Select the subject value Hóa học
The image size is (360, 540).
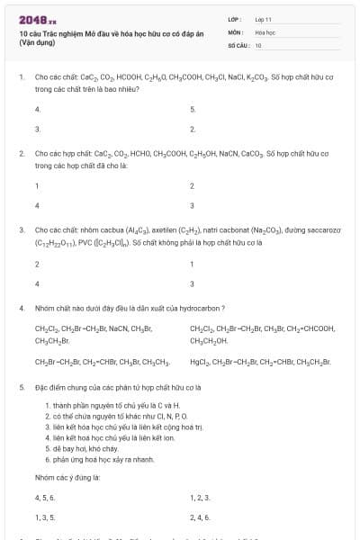265,31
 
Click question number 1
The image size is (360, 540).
21,77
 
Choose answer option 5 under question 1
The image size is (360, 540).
193,109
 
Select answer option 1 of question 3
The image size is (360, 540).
193,264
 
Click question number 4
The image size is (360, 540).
21,308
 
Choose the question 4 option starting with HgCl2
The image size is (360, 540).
260,362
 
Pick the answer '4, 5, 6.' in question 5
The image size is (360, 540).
45,497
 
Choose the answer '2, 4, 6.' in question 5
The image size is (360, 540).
200,517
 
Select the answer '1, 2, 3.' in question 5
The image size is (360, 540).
200,497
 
